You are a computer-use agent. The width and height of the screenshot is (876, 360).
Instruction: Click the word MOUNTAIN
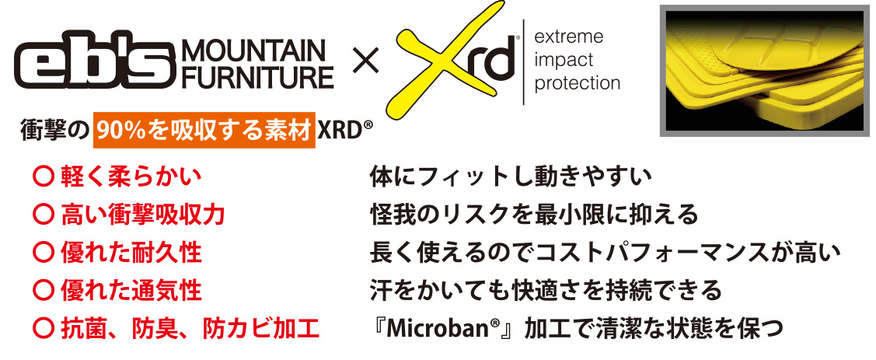point(254,52)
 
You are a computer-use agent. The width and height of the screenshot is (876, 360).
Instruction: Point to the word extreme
point(569,37)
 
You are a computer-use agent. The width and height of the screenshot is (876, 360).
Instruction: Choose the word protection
point(578,82)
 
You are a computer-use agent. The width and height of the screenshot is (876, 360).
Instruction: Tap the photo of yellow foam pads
point(765,71)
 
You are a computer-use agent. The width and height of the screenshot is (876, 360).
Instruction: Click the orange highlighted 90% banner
point(204,132)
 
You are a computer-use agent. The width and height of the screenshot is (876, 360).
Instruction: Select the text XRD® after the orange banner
point(344,132)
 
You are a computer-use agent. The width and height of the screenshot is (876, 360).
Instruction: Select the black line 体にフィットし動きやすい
point(511,177)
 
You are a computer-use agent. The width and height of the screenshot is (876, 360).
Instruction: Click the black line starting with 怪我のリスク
point(534,215)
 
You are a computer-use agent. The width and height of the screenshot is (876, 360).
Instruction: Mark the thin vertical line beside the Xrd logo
point(523,61)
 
